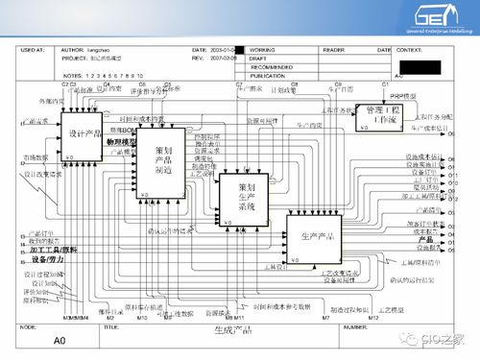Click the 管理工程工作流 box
383,119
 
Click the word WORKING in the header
263,49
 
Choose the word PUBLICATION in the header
270,75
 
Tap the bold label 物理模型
122,142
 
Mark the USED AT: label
34,49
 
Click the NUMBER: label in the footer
357,326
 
